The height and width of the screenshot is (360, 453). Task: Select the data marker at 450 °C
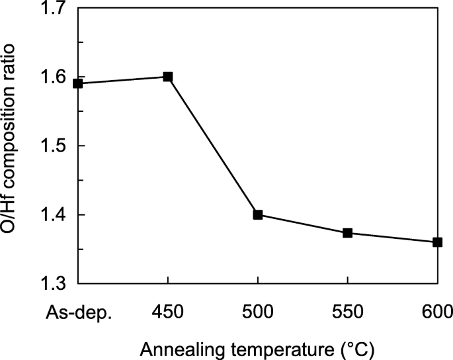pyautogui.click(x=168, y=77)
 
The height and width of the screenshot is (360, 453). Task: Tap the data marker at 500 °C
pyautogui.click(x=258, y=214)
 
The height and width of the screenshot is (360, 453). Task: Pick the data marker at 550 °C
pyautogui.click(x=348, y=233)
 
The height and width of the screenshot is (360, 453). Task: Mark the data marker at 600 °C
pyautogui.click(x=437, y=242)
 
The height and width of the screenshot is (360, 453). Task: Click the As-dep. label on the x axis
pyautogui.click(x=80, y=312)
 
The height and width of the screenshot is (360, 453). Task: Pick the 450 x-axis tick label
pyautogui.click(x=168, y=312)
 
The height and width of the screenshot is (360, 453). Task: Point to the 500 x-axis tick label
pyautogui.click(x=258, y=312)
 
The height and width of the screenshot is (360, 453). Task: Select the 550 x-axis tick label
pyautogui.click(x=348, y=312)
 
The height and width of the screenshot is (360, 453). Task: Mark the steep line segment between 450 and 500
pyautogui.click(x=213, y=146)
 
